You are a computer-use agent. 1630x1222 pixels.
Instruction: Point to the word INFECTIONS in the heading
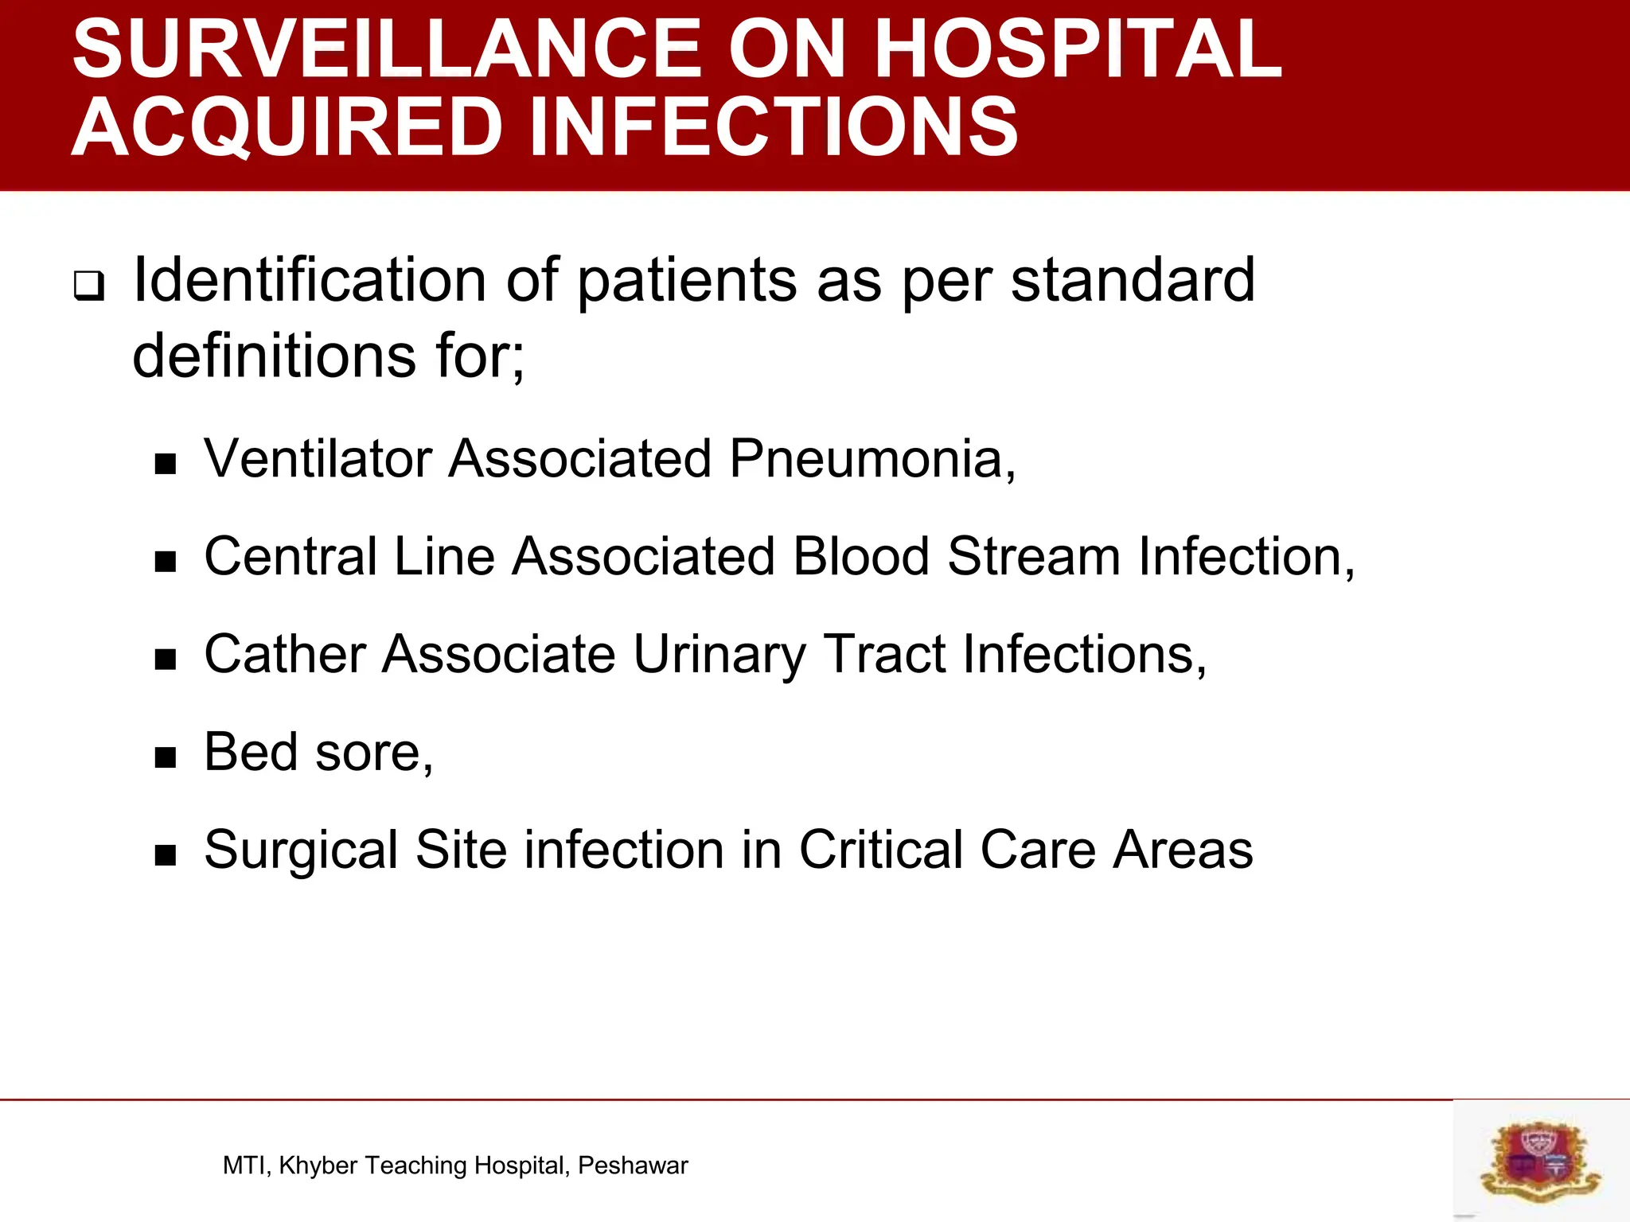(x=773, y=127)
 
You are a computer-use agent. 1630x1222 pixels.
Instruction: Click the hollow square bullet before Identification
(x=89, y=286)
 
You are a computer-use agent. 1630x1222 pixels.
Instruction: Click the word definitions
(x=274, y=356)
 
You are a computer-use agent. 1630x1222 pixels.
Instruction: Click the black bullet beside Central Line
(x=166, y=562)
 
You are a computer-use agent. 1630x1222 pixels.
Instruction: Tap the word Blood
(x=861, y=556)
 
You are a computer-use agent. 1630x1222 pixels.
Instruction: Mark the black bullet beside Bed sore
(x=166, y=757)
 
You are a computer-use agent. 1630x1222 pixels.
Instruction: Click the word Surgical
(x=301, y=850)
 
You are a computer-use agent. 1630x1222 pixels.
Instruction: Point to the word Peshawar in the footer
(x=633, y=1166)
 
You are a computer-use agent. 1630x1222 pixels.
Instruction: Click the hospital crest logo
(x=1540, y=1161)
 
